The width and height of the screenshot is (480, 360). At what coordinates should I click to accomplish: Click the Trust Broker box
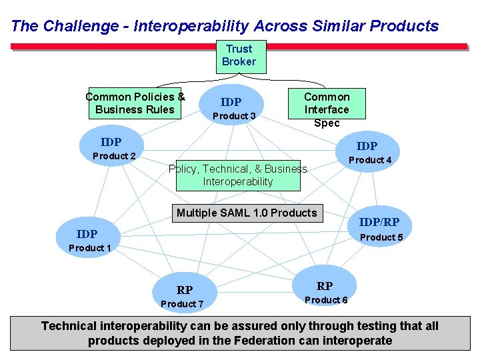click(239, 56)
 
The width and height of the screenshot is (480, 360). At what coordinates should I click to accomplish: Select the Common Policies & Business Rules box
click(135, 103)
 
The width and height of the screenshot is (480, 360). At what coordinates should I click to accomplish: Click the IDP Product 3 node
click(233, 107)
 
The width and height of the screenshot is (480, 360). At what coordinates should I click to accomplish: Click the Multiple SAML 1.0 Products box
click(247, 213)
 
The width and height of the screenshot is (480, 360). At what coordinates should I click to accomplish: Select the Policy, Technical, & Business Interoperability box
click(237, 175)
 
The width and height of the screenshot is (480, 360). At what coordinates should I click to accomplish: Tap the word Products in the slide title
click(404, 27)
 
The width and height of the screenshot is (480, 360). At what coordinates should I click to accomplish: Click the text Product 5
click(381, 237)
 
